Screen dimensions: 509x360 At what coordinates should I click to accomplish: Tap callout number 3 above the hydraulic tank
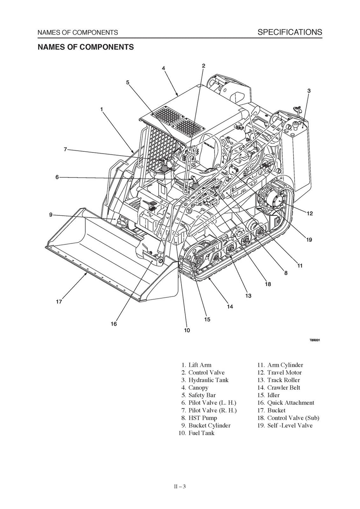[309, 91]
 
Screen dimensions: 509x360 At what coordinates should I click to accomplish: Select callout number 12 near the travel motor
[309, 214]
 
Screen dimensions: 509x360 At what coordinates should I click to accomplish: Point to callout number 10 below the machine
[187, 330]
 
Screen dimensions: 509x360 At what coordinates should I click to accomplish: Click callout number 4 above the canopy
[163, 68]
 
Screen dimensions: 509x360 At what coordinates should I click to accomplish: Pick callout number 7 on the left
[65, 149]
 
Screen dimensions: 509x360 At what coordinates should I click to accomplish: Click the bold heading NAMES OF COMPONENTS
[86, 47]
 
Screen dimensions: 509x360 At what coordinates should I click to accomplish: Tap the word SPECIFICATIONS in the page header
[290, 32]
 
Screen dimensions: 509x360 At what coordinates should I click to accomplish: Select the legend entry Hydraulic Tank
[208, 380]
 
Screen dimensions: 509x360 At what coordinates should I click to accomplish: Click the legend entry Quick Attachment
[290, 403]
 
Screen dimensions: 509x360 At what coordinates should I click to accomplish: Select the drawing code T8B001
[315, 340]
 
